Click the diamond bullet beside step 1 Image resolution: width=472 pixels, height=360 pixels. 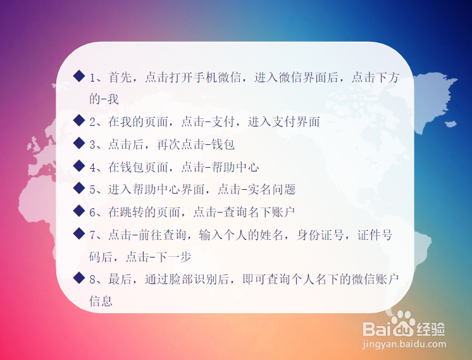point(79,76)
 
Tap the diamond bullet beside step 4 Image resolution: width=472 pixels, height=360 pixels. point(79,166)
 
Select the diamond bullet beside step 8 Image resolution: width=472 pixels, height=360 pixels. point(79,278)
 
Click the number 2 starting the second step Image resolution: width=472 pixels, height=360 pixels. point(93,122)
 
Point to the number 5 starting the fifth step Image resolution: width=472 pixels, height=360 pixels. point(93,190)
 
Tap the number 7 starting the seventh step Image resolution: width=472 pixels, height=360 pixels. point(93,235)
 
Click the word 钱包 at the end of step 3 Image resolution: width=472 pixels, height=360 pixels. point(223,144)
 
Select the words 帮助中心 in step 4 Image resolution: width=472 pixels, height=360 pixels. point(235,167)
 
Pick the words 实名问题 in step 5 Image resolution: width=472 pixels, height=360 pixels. point(271,189)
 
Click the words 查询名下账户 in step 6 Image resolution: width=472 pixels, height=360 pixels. point(259,212)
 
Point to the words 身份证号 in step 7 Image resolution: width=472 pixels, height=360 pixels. point(320,235)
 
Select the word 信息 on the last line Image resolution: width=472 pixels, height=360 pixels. point(101,301)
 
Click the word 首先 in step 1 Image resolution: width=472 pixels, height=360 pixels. point(120,77)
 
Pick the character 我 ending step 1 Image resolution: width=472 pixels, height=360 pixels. point(113,99)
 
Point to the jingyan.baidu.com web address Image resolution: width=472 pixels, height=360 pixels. point(404,344)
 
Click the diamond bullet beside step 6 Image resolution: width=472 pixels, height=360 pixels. point(79,211)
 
